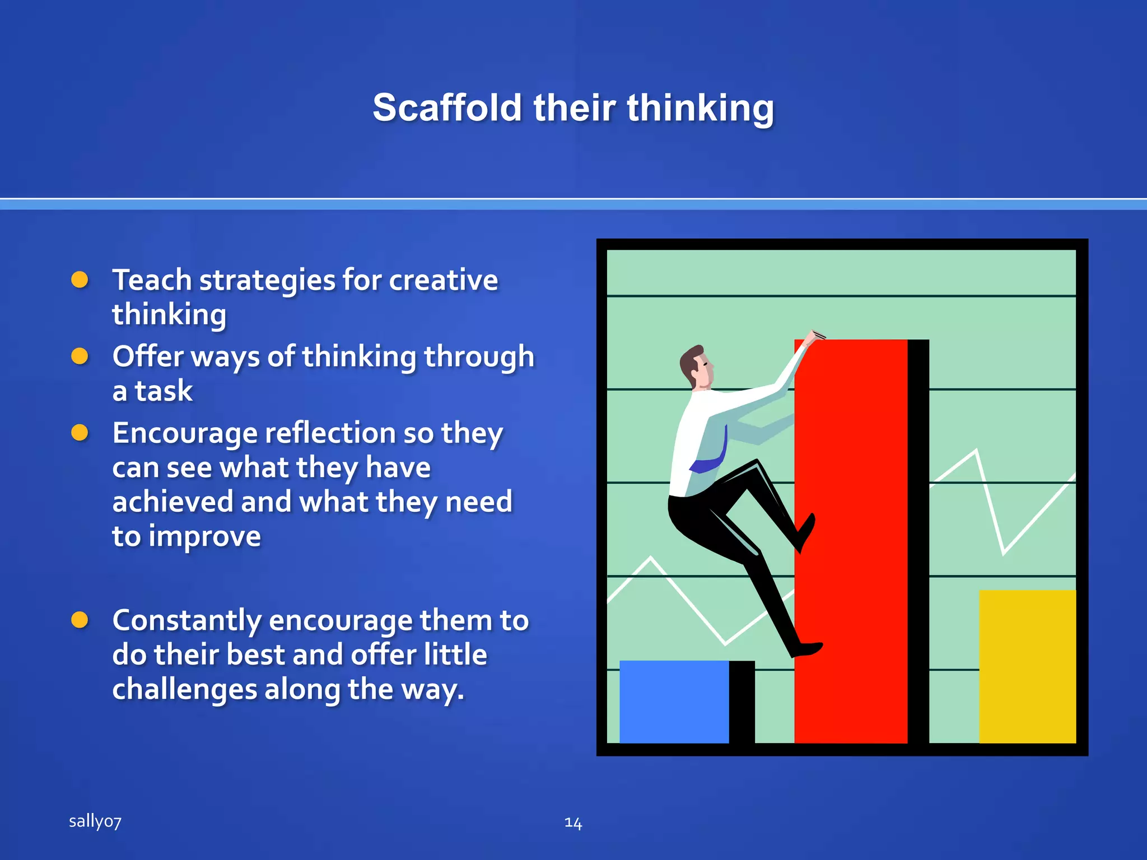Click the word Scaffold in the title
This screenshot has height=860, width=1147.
447,107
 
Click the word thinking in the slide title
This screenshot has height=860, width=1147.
700,107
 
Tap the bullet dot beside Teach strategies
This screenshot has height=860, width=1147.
80,279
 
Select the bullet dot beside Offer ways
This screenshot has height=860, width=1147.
80,356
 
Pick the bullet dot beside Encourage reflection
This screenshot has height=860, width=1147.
80,433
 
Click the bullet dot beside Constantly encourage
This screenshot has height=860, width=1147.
80,620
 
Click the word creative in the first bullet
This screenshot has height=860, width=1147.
443,280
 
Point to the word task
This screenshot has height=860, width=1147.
164,391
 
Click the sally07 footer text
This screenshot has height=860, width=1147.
95,821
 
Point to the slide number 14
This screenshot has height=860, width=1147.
573,822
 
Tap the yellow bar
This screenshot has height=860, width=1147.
1027,666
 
